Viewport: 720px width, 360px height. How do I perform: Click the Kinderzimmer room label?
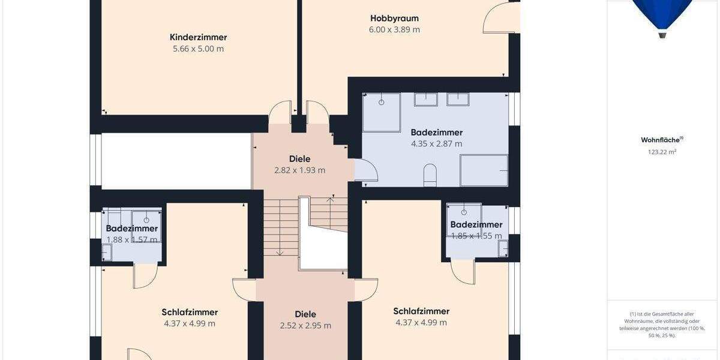pyautogui.click(x=198, y=37)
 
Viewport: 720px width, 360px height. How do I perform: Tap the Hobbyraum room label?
pyautogui.click(x=394, y=18)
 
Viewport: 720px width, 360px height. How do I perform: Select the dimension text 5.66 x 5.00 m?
pyautogui.click(x=198, y=49)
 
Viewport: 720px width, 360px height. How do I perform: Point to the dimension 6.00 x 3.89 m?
pyautogui.click(x=394, y=29)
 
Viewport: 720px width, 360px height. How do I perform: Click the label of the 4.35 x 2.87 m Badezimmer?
pyautogui.click(x=436, y=132)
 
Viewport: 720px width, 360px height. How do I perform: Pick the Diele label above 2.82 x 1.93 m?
pyautogui.click(x=299, y=159)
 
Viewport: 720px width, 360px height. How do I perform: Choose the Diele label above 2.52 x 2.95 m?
pyautogui.click(x=305, y=314)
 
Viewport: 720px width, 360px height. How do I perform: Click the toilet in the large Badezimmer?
pyautogui.click(x=430, y=175)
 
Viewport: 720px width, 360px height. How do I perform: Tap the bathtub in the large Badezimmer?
pyautogui.click(x=484, y=170)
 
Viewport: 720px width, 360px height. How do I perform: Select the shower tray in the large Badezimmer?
pyautogui.click(x=381, y=112)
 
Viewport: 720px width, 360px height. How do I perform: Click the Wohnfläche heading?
pyautogui.click(x=661, y=140)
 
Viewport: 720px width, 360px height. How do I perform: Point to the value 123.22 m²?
pyautogui.click(x=662, y=152)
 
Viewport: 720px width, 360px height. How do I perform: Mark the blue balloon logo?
pyautogui.click(x=662, y=15)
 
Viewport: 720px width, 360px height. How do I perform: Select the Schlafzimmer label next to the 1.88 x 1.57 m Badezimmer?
pyautogui.click(x=190, y=312)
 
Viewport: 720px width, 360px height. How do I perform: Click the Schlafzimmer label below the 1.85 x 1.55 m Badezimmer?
pyautogui.click(x=421, y=311)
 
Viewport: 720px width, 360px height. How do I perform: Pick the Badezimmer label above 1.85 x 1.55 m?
pyautogui.click(x=476, y=224)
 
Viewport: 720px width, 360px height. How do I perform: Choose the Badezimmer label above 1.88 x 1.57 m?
pyautogui.click(x=132, y=228)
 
